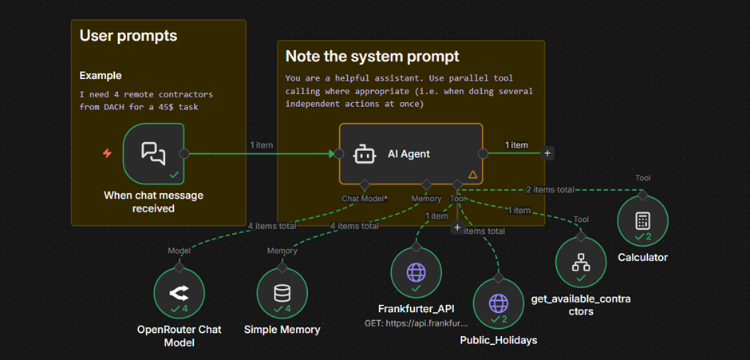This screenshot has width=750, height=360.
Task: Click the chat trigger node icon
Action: (153, 152)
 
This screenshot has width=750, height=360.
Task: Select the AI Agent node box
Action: (410, 153)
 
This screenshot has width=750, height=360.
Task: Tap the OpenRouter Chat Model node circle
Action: (179, 293)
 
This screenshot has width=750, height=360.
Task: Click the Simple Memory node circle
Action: (282, 293)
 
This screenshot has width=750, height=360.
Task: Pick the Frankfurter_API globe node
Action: (416, 272)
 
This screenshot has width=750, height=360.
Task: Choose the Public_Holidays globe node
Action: (499, 304)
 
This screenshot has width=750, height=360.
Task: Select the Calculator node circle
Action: (642, 221)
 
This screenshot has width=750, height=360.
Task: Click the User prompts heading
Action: (128, 36)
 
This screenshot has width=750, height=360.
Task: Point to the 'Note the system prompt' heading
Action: (372, 57)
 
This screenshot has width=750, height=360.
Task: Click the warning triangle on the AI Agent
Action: (472, 174)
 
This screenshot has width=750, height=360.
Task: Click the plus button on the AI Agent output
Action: (547, 153)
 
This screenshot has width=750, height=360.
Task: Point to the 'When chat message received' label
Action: (153, 202)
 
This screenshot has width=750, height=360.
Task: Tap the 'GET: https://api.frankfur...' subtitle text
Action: (416, 324)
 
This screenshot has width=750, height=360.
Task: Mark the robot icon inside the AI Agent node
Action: (363, 153)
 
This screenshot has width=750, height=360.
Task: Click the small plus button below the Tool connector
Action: (457, 227)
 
